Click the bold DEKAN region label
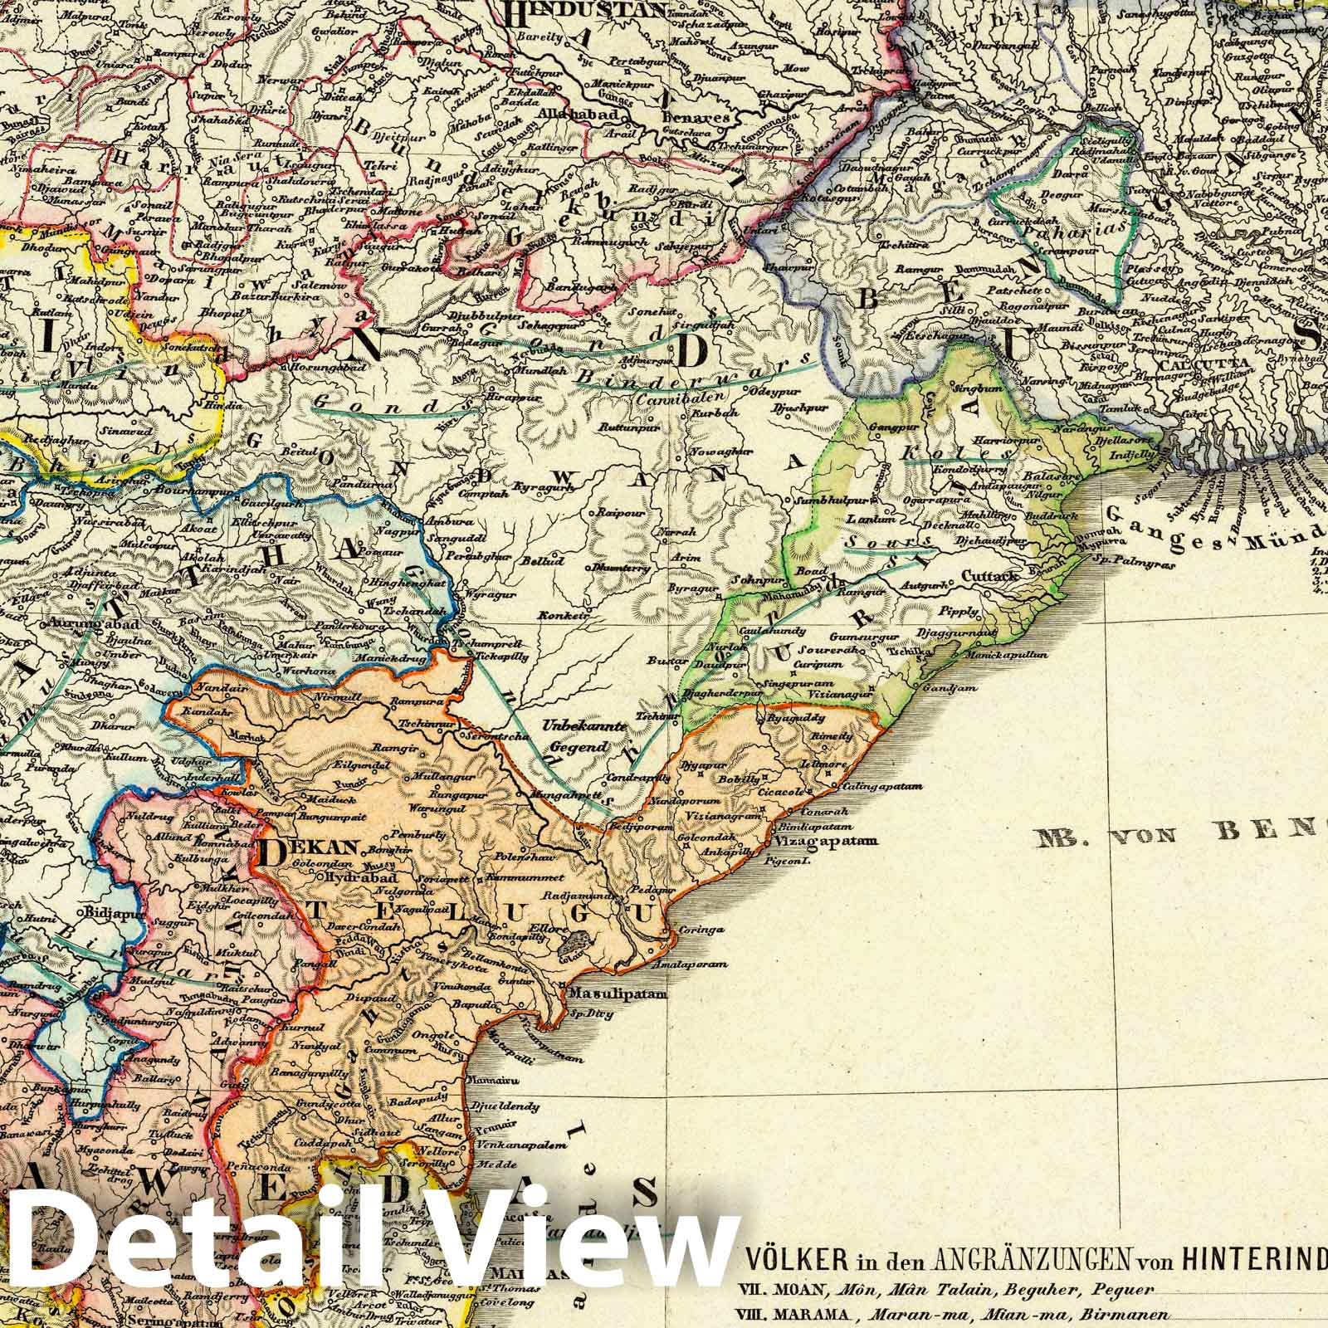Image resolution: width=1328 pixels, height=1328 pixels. [307, 849]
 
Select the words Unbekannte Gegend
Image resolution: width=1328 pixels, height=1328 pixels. [573, 736]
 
